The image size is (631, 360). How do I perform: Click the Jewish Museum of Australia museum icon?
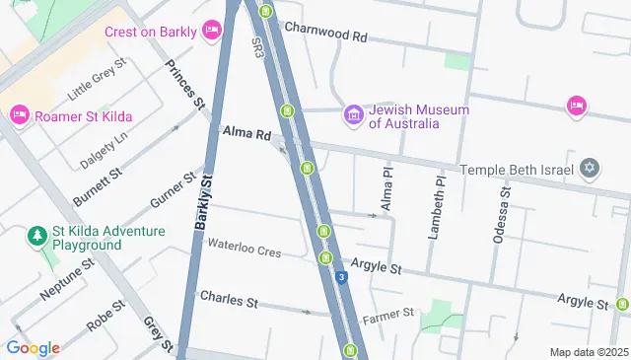tap(354, 116)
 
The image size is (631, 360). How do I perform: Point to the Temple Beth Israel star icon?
tap(590, 169)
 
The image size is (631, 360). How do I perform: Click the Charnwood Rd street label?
tap(325, 36)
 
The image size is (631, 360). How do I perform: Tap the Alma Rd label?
tap(246, 133)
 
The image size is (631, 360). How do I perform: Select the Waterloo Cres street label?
tap(244, 251)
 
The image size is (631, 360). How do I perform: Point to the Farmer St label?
tap(387, 315)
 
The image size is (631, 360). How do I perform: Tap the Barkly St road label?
tap(204, 201)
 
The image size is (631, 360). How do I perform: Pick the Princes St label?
tap(184, 85)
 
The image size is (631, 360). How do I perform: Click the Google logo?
tap(33, 347)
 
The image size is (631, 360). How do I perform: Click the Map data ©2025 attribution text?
tap(588, 352)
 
